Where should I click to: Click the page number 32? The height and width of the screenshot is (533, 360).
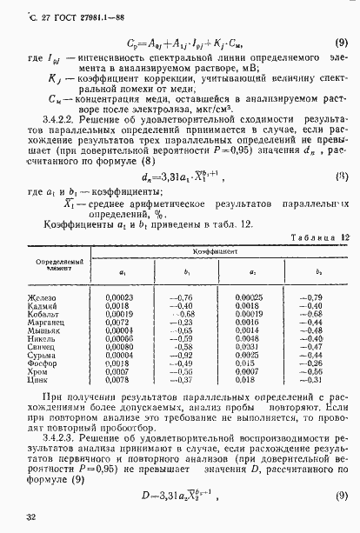pyautogui.click(x=31, y=518)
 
